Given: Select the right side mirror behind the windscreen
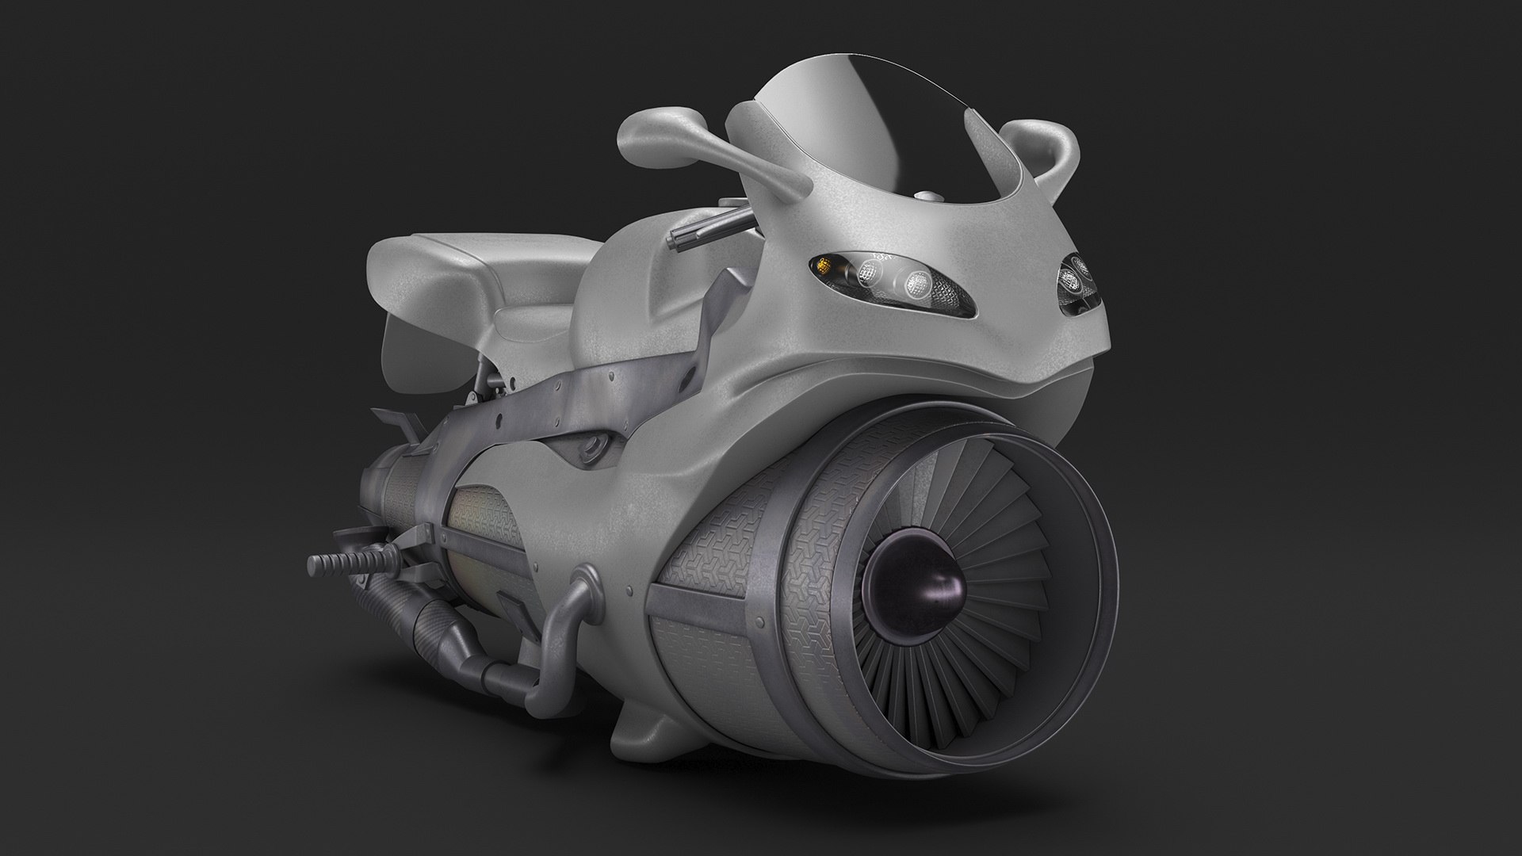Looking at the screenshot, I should click(x=1046, y=151).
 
